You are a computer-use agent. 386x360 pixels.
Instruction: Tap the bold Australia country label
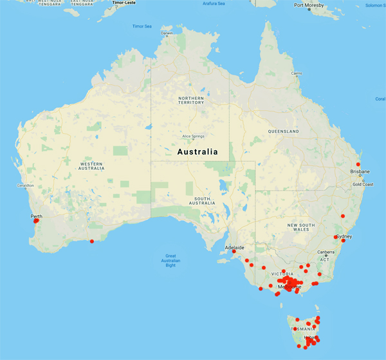(197, 152)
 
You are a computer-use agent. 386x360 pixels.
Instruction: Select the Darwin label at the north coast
(167, 33)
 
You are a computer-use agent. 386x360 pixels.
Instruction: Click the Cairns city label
(297, 73)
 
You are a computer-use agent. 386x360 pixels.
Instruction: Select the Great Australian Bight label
(170, 260)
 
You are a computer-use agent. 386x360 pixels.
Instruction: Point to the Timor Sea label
(142, 26)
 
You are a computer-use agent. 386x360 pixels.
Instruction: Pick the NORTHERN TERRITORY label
(191, 100)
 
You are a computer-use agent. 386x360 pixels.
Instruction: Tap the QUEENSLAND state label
(284, 131)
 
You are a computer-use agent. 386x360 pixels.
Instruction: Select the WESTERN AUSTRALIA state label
(91, 166)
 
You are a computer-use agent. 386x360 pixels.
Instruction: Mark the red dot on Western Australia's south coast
(91, 242)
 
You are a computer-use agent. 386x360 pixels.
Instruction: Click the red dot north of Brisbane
(358, 164)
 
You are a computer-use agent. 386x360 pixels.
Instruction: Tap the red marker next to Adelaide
(234, 252)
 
